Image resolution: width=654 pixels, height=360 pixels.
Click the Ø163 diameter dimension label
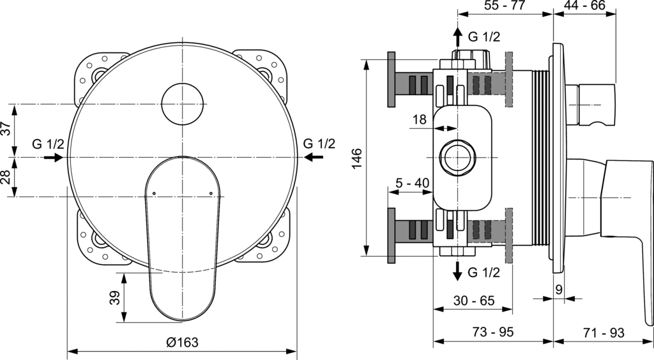182,342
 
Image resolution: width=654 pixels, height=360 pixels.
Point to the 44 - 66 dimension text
583,7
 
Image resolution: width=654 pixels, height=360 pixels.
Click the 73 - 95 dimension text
492,333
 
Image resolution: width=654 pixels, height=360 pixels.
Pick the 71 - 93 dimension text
603,333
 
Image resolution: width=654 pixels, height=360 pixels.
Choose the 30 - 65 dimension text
473,300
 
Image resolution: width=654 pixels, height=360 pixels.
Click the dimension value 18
419,119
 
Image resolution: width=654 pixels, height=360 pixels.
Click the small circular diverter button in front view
183,103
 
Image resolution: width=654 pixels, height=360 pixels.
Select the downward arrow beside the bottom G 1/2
457,271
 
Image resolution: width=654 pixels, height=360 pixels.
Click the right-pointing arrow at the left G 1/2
54,157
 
